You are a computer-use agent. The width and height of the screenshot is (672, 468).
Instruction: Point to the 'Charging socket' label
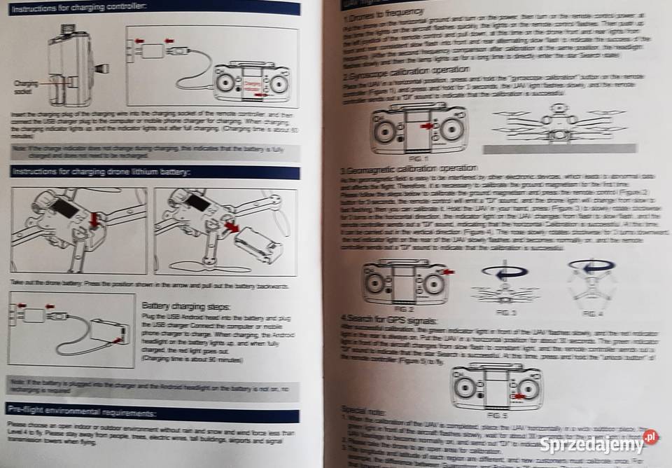pyautogui.click(x=27, y=86)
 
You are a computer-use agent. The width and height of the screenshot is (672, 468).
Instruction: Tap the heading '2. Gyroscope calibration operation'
pyautogui.click(x=405, y=71)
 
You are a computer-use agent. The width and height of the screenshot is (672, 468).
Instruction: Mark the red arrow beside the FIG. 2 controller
pyautogui.click(x=448, y=272)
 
